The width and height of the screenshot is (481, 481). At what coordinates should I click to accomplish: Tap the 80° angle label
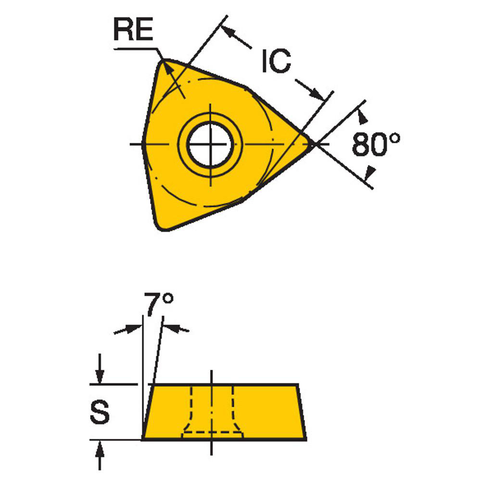tap(376, 144)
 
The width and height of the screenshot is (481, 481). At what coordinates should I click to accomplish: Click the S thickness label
tap(100, 412)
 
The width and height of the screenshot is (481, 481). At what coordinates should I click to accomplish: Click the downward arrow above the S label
tap(100, 376)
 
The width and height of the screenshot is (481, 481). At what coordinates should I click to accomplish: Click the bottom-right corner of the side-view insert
tap(305, 439)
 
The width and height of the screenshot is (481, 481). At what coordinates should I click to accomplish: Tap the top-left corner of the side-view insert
tap(152, 385)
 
